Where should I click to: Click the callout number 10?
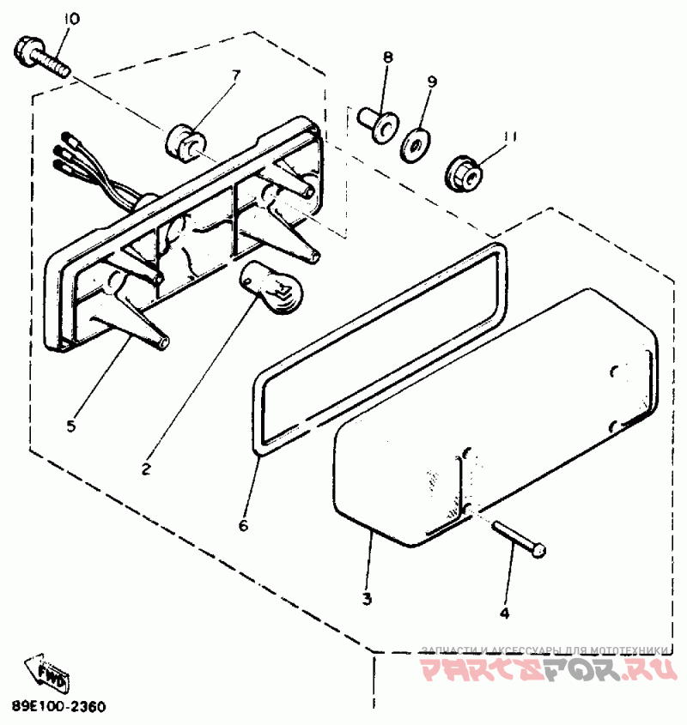[x=71, y=20]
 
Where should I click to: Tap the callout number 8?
[x=388, y=58]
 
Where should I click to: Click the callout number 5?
[x=73, y=425]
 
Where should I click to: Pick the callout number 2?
[x=146, y=469]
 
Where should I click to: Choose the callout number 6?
[x=243, y=525]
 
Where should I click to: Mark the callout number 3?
[x=367, y=599]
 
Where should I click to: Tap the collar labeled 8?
[x=376, y=120]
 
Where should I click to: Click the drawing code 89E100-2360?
[x=59, y=708]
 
